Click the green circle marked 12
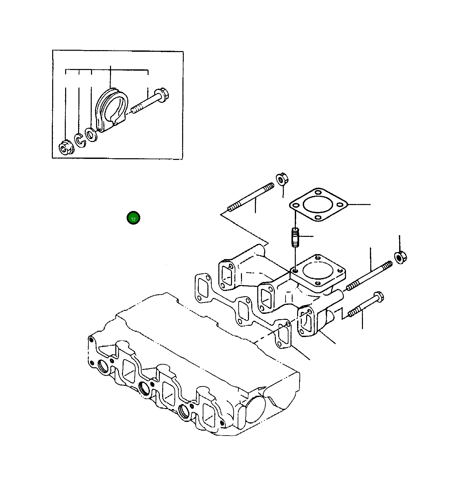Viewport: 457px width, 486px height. coord(133,218)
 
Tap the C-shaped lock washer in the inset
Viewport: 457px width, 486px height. coord(79,140)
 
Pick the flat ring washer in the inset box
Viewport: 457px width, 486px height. coord(90,134)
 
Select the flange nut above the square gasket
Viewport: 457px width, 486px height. coord(282,179)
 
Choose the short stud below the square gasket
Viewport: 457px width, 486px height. coord(295,237)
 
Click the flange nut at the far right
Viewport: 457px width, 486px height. coord(400,257)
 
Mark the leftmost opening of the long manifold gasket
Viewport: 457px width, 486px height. coord(202,288)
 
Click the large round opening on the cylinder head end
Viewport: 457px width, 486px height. coord(255,409)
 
